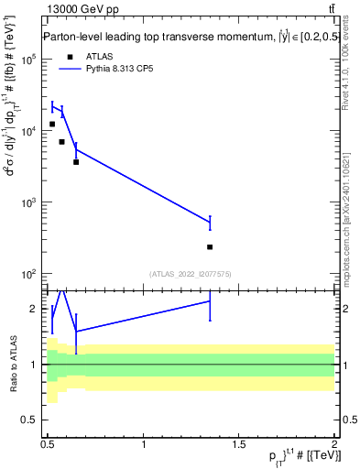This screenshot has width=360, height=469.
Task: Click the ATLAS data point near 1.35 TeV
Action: coord(210,246)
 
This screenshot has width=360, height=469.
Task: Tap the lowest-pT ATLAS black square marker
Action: coord(52,124)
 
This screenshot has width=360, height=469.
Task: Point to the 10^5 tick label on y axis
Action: coord(27,60)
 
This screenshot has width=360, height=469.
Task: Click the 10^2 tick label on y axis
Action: coord(27,274)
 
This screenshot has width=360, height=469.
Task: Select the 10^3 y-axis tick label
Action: coord(27,202)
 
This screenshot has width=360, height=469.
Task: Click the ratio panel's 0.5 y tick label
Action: coord(31,420)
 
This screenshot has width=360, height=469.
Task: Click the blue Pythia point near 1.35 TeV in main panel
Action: coord(210,223)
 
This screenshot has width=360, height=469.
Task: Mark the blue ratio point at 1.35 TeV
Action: coord(210,300)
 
